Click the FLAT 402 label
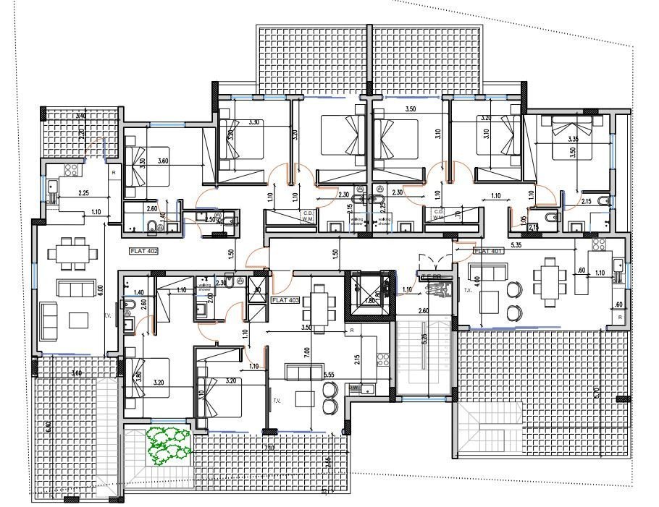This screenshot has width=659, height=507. (143, 251)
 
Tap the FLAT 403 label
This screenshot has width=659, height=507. (284, 299)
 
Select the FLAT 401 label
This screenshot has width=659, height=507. (488, 251)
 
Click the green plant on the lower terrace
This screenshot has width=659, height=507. (169, 444)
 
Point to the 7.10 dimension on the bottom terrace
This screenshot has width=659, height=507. (269, 448)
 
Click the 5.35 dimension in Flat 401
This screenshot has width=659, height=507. (516, 245)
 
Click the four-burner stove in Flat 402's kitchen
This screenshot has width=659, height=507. (72, 171)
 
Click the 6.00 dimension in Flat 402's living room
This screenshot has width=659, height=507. (101, 289)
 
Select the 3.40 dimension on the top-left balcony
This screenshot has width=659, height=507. (81, 116)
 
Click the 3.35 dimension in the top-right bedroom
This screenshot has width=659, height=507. (573, 139)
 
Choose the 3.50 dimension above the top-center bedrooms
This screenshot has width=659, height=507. (411, 108)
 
